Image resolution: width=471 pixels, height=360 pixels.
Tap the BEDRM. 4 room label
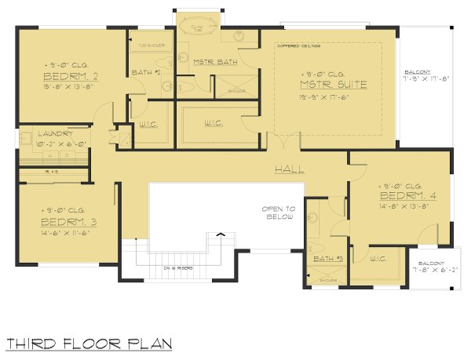[x=402, y=195]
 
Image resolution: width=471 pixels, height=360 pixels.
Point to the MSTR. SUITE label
[x=327, y=84]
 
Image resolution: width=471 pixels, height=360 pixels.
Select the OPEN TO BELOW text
[x=279, y=213]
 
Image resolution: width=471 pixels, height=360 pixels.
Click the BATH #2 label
[x=147, y=72]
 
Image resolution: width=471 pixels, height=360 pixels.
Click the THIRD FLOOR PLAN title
[x=88, y=344]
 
